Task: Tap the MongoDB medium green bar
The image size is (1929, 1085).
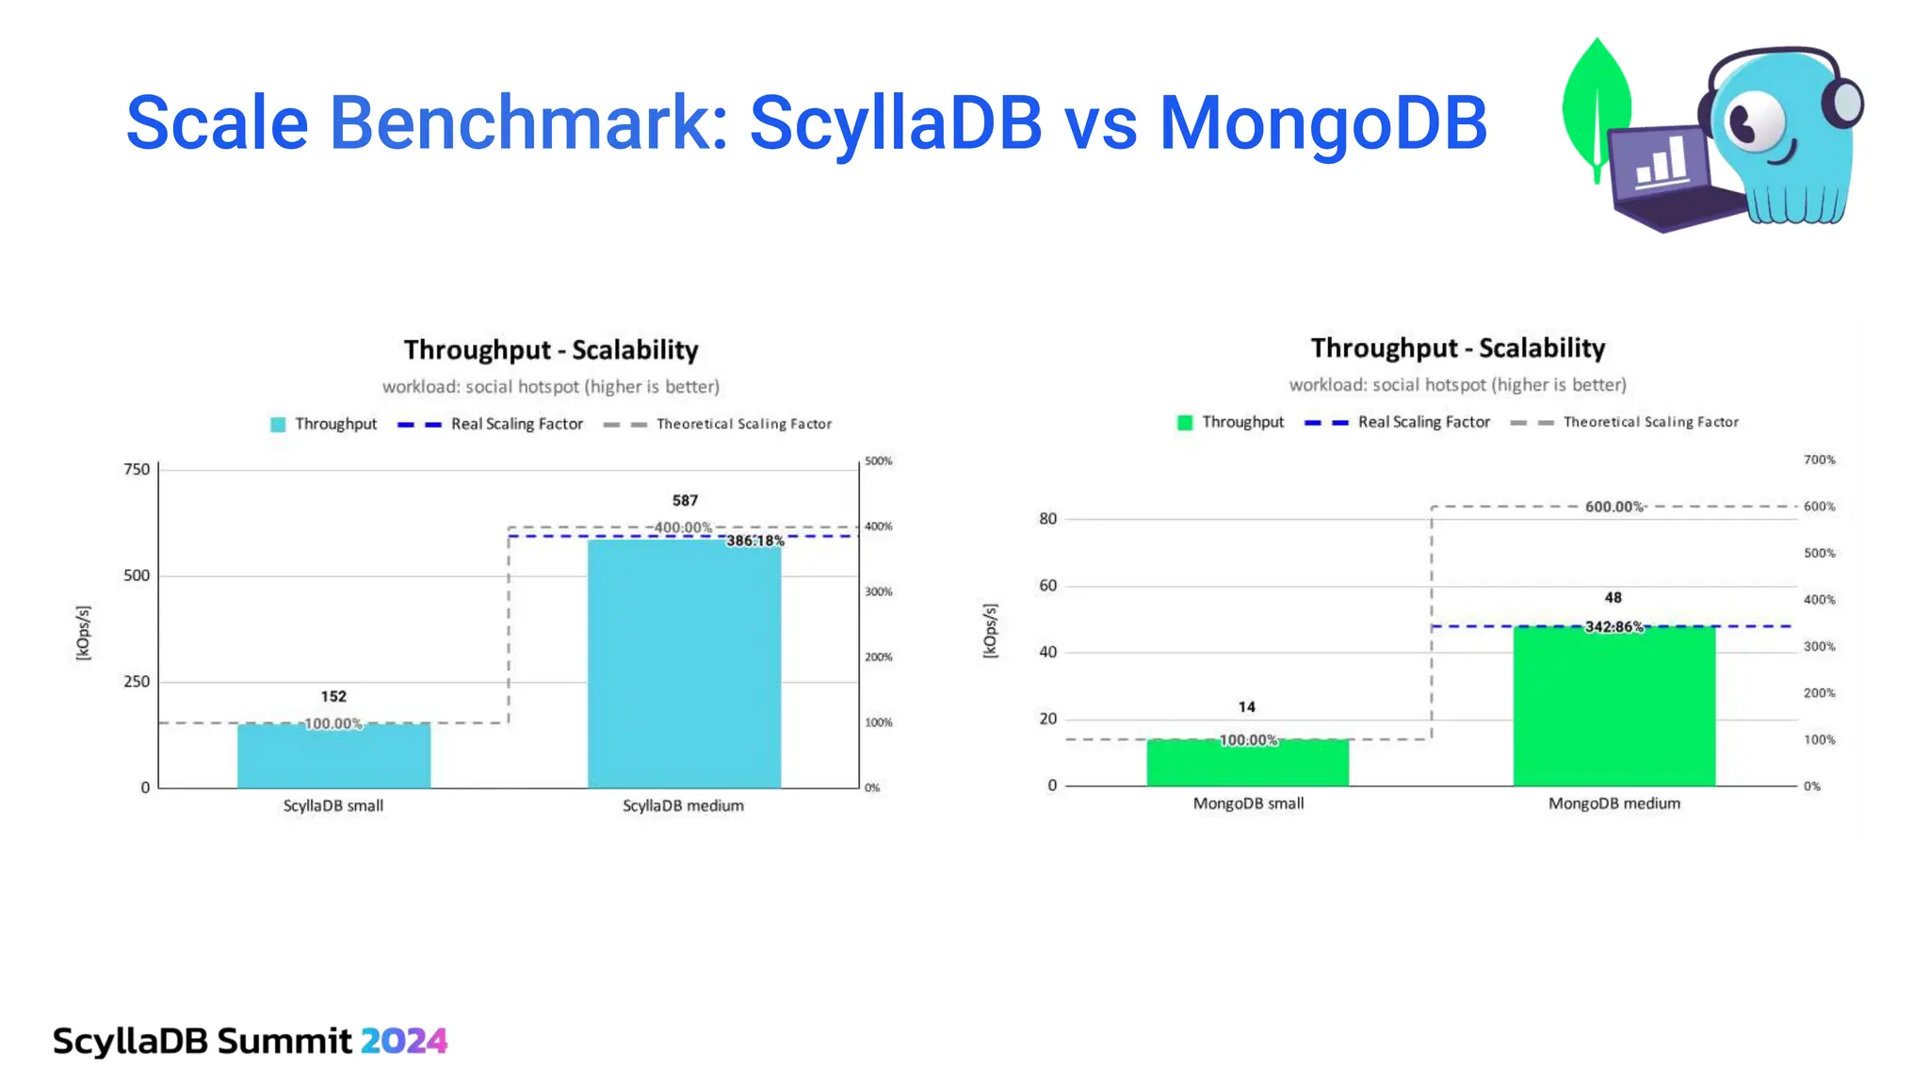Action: [x=1613, y=706]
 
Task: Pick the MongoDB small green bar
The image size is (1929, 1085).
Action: [x=1247, y=764]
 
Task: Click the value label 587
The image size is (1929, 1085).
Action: [x=685, y=500]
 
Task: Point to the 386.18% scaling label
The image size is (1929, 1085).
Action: [x=754, y=541]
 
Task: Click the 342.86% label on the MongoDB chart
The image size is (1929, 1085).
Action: [x=1613, y=626]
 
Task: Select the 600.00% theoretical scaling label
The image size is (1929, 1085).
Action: [x=1613, y=507]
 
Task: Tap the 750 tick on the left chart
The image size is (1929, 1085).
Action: [x=137, y=469]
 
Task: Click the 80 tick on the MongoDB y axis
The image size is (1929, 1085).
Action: [x=1047, y=519]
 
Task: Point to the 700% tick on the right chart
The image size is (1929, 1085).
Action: [x=1819, y=460]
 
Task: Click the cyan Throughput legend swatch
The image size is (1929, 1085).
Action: [x=278, y=425]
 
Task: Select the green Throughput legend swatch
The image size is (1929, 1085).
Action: [x=1185, y=423]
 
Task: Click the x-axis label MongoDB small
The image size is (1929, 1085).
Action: [x=1248, y=803]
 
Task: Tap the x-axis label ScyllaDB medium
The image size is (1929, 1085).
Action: [x=683, y=805]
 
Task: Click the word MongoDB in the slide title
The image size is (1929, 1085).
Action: [x=1322, y=123]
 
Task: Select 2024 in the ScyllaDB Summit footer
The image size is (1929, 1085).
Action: [x=403, y=1041]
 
